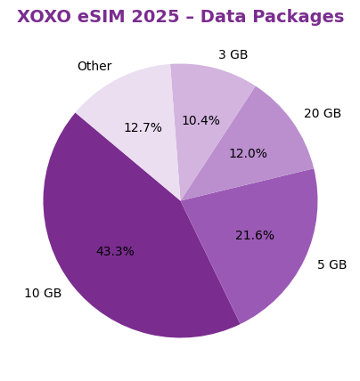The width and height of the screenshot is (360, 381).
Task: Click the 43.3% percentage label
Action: pos(115,252)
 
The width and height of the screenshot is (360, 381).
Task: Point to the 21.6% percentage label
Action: pos(255,236)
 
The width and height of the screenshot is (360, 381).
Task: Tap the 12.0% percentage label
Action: pos(248,154)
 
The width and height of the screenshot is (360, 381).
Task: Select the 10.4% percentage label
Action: pos(200,121)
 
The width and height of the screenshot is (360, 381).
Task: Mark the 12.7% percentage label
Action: pos(143,128)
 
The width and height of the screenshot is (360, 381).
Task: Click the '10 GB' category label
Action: pos(43,294)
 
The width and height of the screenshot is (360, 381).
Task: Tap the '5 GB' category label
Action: pos(332,265)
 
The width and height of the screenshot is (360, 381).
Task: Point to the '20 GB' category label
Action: pos(323,114)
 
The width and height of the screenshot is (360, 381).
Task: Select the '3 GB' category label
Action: pos(233,55)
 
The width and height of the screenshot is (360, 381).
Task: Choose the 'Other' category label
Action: pos(94,67)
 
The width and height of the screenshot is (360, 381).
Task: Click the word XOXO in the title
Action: pos(44,17)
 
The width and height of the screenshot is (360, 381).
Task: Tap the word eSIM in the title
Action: pos(99,17)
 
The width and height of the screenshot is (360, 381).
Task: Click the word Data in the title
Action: pos(224,17)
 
